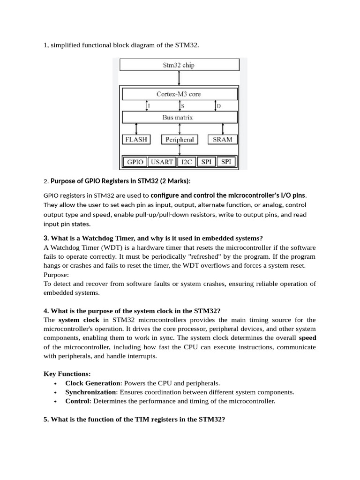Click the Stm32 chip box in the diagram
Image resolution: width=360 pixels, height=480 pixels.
[180, 65]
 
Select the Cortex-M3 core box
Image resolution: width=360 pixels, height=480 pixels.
[180, 94]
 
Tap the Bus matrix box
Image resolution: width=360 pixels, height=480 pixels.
[180, 117]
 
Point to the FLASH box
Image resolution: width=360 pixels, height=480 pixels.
[136, 139]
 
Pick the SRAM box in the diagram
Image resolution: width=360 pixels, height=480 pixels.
[222, 139]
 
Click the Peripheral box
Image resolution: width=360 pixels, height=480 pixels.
[180, 139]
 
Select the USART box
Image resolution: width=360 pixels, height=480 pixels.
[162, 162]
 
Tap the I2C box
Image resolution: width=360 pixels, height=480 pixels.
[187, 162]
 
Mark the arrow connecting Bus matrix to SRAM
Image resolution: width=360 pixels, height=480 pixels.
[222, 128]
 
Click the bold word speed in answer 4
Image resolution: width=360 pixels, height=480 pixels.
[307, 337]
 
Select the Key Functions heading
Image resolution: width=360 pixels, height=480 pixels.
[67, 374]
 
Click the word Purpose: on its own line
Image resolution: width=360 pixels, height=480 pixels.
[56, 274]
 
